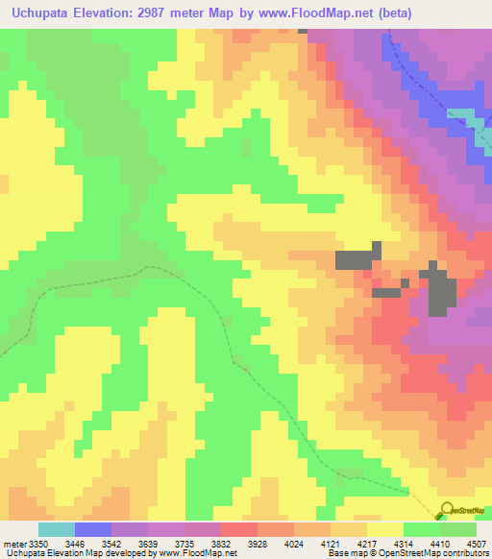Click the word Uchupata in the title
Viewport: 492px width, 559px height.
point(45,13)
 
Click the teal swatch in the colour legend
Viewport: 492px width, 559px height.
point(57,529)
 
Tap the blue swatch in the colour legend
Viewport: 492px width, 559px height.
point(93,529)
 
